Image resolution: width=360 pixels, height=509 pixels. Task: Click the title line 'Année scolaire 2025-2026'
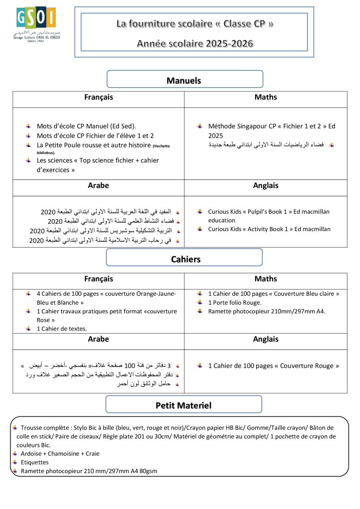(195, 44)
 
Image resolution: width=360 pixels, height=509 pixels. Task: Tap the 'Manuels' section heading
(184, 80)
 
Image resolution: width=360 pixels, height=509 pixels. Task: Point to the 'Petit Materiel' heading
(183, 405)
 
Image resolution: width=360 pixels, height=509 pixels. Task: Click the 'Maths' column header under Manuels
(266, 97)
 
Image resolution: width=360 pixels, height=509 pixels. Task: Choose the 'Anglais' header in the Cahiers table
(266, 339)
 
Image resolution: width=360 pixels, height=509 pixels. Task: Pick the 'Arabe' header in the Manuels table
(98, 185)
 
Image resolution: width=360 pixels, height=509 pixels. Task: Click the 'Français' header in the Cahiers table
(98, 279)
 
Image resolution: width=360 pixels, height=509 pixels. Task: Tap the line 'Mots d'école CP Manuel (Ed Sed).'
(86, 126)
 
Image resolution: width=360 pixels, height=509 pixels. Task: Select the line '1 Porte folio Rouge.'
(235, 302)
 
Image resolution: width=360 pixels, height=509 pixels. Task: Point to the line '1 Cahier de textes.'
(62, 329)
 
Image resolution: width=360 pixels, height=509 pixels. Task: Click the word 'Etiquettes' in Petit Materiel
(35, 462)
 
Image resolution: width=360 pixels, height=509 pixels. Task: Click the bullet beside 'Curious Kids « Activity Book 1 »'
(199, 229)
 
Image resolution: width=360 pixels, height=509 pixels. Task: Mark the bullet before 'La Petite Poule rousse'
(28, 145)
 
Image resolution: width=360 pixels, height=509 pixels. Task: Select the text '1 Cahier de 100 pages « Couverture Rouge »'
(273, 366)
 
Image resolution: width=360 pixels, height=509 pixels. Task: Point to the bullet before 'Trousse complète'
(15, 427)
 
